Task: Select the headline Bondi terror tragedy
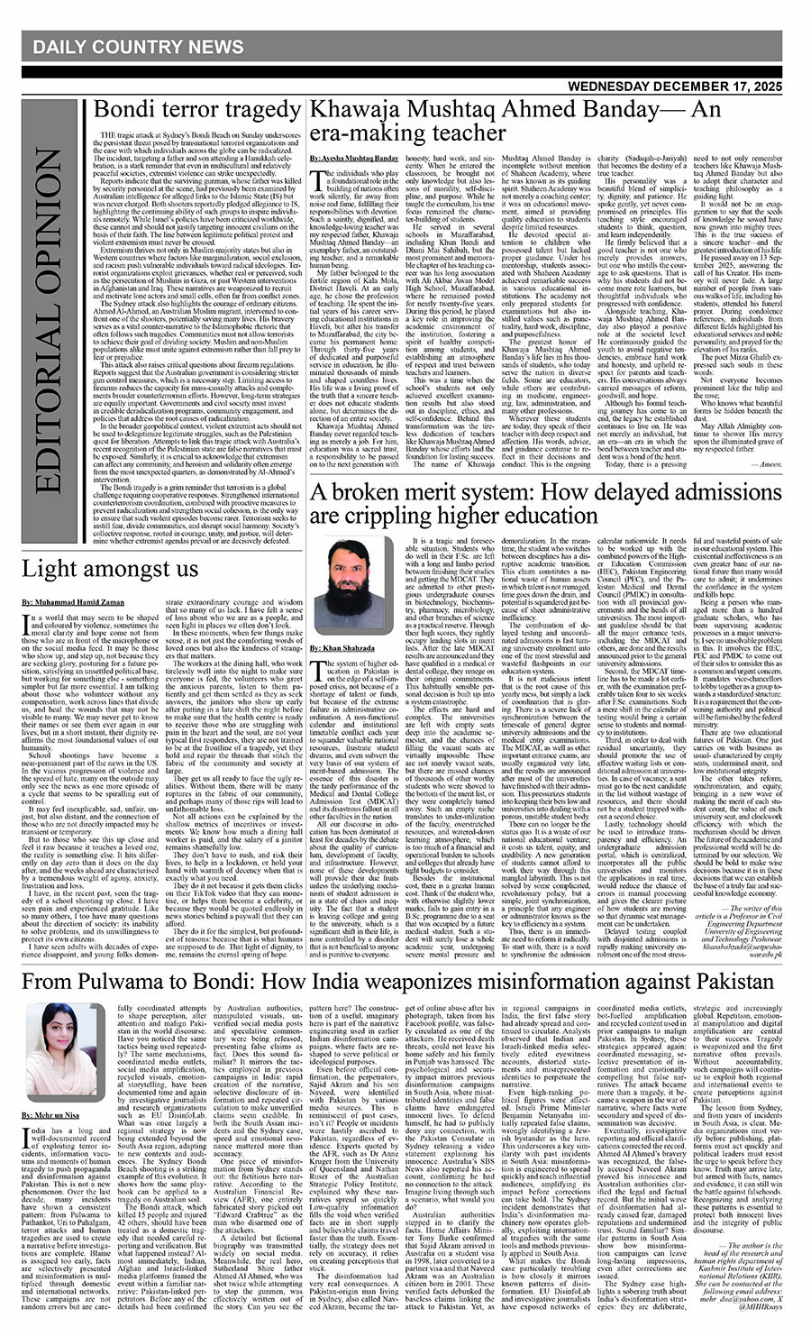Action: tap(198, 110)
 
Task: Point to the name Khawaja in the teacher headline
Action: tap(349, 110)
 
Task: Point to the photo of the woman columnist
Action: tap(56, 1039)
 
